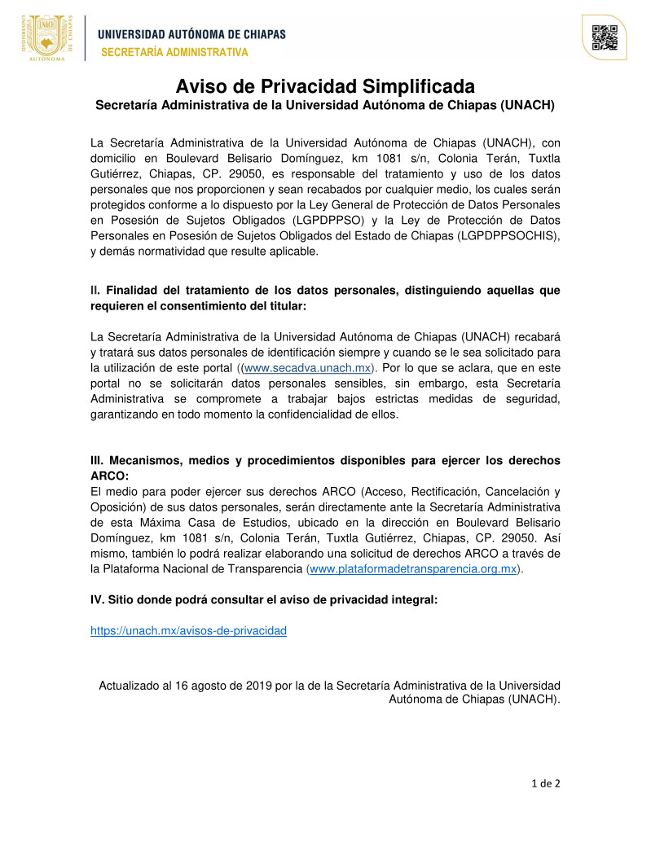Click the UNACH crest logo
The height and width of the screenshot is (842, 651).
coord(46,37)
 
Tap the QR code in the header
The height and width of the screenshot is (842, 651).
coord(604,38)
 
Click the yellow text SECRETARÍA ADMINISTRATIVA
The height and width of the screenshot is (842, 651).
coord(174,53)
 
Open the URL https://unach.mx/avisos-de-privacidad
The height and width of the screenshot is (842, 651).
coord(188,630)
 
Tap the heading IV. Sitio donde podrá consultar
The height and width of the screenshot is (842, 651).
coord(264,599)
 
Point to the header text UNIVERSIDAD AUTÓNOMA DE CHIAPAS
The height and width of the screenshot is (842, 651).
coord(192,34)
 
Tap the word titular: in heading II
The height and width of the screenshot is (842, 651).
coord(283,306)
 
